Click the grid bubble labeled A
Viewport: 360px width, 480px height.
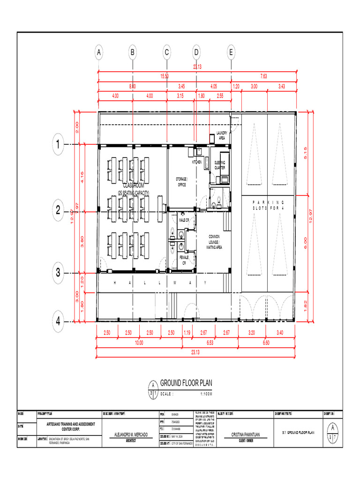(98, 53)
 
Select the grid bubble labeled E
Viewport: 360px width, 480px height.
(231, 53)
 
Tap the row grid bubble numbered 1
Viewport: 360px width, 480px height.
(58, 145)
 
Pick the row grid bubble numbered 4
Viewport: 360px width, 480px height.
(58, 322)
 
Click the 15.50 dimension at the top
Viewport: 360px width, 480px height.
(165, 76)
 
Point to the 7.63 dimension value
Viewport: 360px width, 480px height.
(263, 76)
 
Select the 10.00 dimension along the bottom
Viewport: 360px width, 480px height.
(139, 343)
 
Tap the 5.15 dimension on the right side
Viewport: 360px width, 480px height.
(305, 153)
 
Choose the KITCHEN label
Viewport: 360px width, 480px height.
(197, 162)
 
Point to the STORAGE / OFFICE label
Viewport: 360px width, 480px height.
(181, 182)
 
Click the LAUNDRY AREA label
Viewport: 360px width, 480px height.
(222, 136)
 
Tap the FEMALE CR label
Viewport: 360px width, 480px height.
(184, 260)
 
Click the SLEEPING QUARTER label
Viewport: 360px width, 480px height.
(220, 165)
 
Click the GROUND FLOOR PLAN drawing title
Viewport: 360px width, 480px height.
(186, 383)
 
